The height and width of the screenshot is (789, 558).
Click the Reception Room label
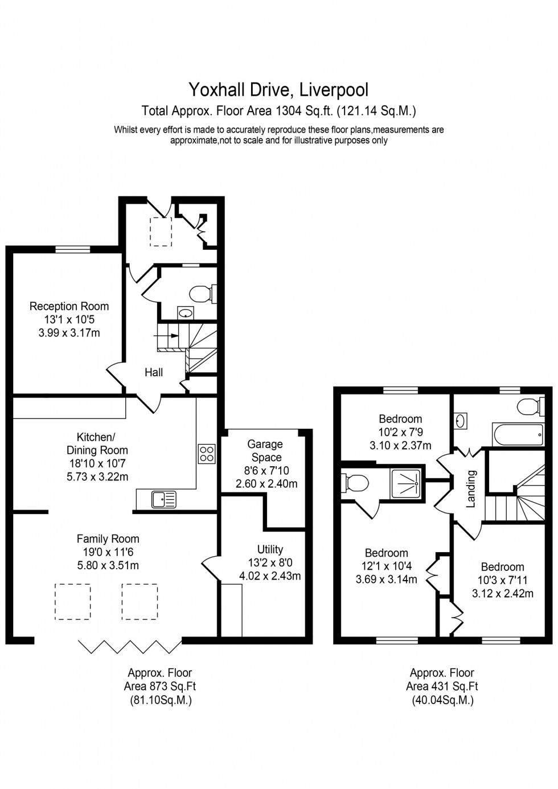pos(69,306)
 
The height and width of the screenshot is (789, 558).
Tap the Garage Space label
pos(265,450)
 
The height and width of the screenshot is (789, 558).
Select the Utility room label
pos(270,549)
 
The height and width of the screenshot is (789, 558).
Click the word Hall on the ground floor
pos(154,372)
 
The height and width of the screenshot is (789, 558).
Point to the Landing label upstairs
pos(471,488)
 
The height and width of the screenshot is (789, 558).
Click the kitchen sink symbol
pos(164,500)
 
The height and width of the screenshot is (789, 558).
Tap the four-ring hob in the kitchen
pos(206,454)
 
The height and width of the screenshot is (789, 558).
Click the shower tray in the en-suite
pos(405,483)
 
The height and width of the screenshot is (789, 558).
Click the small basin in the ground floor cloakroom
pos(186,313)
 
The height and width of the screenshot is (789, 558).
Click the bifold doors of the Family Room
pos(130,647)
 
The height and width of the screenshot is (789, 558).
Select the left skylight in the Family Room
pos(72,601)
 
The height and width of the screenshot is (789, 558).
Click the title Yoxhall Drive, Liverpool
pos(278,89)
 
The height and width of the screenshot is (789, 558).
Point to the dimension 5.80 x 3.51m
pos(108,565)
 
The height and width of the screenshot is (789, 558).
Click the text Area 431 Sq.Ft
pos(442,687)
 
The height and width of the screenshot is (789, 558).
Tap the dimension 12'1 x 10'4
pos(386,566)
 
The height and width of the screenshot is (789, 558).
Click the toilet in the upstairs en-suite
pos(356,483)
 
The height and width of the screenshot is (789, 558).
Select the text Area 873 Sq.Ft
pos(160,687)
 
